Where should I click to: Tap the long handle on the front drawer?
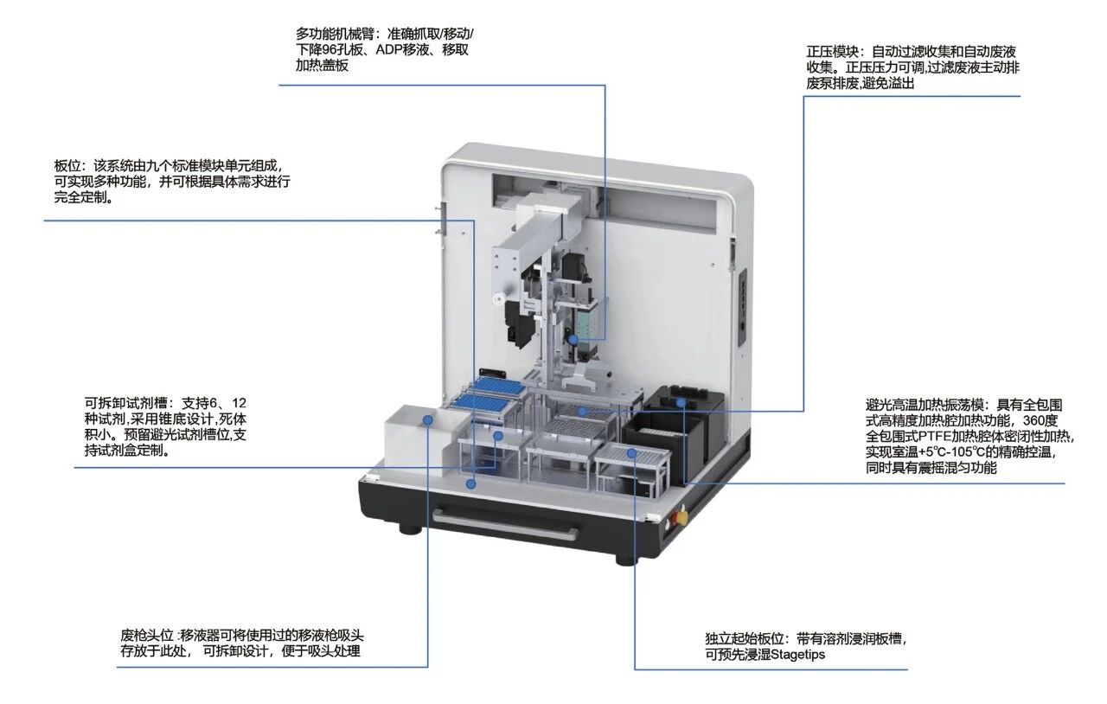[x=506, y=526]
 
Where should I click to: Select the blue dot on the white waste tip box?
[x=428, y=419]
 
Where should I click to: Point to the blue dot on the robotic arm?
[x=573, y=340]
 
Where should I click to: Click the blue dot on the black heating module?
[x=681, y=402]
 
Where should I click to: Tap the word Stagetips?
[x=797, y=655]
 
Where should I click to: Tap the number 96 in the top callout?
[x=330, y=50]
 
